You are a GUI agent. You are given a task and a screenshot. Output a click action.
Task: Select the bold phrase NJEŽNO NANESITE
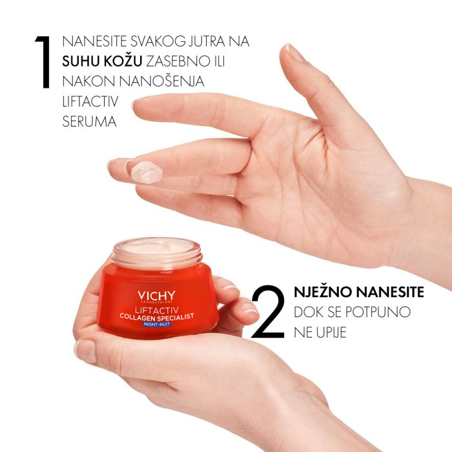(x=358, y=292)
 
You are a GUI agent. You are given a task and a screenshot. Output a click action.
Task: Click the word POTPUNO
(x=377, y=313)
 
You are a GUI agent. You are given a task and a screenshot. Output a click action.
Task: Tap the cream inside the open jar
(x=156, y=247)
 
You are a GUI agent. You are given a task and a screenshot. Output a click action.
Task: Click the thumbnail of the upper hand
(x=294, y=52)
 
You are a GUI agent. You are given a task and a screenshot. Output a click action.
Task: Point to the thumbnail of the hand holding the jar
(x=85, y=351)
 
